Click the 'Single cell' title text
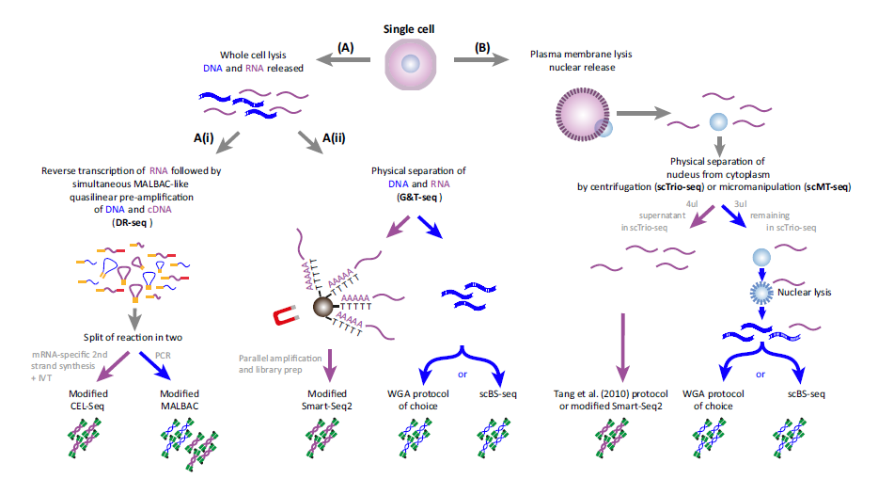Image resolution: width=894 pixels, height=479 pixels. click(x=409, y=29)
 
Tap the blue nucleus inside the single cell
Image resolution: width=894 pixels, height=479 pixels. click(x=410, y=63)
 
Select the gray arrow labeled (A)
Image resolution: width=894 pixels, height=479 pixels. click(x=343, y=59)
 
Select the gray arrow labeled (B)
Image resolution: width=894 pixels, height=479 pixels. click(x=481, y=59)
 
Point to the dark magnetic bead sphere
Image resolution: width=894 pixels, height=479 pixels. click(x=322, y=307)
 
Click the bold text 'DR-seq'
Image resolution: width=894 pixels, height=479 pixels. click(x=131, y=223)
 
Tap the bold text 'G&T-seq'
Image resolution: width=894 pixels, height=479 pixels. click(x=418, y=197)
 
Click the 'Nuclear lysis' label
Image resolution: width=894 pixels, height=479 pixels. click(x=804, y=293)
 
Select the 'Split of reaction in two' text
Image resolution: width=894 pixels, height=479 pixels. click(x=133, y=338)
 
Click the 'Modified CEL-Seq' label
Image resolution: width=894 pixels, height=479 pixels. click(x=88, y=400)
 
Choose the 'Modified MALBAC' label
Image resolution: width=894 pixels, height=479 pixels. click(x=180, y=400)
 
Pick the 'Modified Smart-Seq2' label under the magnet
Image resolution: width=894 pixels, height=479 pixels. click(x=327, y=400)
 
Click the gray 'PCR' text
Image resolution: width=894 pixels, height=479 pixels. click(x=163, y=355)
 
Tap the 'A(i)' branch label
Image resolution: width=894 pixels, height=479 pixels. click(x=204, y=138)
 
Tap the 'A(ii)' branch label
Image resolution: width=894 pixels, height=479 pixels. click(x=334, y=138)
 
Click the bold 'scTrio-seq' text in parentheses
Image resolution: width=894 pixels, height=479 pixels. click(x=679, y=187)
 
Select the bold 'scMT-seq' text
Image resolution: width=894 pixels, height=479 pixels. click(x=827, y=187)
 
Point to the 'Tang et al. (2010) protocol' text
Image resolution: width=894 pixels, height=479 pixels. click(x=611, y=394)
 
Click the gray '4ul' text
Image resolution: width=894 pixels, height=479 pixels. click(x=692, y=204)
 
